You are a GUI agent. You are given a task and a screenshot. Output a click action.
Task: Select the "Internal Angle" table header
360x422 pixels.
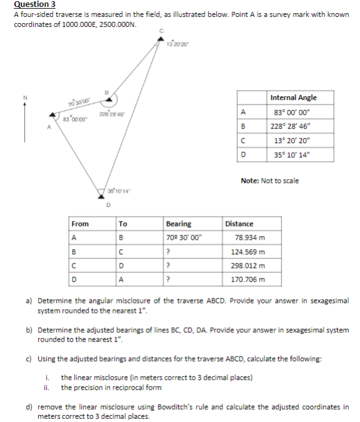coord(293,97)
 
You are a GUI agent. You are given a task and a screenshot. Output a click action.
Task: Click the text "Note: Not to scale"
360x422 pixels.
coord(269,181)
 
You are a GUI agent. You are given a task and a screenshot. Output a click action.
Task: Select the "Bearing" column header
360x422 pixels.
coord(178,223)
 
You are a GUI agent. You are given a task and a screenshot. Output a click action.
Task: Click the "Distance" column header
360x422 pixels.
coord(239,223)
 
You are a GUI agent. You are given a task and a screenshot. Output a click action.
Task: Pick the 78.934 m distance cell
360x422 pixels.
coord(251,237)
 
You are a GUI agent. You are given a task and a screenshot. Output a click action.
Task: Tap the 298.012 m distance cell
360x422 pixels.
coord(249,265)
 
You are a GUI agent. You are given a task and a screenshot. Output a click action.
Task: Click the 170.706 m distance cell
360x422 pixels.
coord(249,279)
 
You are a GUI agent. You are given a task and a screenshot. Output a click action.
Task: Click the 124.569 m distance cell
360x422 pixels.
coord(249,252)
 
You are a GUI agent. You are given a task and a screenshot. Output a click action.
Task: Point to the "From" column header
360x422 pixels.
coord(80,223)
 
